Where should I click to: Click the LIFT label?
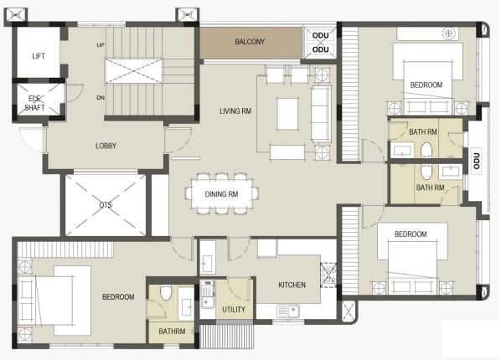(x=39, y=56)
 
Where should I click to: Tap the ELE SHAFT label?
(x=34, y=103)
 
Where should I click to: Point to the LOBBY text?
(x=106, y=146)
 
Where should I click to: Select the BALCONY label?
(x=250, y=42)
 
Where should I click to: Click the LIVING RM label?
(x=235, y=111)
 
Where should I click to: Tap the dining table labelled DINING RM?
(x=221, y=194)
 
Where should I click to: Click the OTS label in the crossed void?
(x=105, y=204)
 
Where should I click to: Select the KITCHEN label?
(x=292, y=285)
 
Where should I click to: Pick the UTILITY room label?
(x=234, y=309)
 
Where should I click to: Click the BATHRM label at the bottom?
(x=172, y=332)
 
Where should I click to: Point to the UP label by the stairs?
(x=101, y=45)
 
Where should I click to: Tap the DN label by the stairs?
(x=101, y=98)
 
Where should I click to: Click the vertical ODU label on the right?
(x=477, y=161)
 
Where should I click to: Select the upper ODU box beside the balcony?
(x=320, y=34)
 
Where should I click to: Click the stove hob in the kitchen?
(x=328, y=275)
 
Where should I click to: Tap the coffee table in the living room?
(x=288, y=114)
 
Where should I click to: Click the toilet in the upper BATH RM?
(x=426, y=150)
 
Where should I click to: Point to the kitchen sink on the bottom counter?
(x=288, y=311)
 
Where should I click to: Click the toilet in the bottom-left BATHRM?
(x=166, y=292)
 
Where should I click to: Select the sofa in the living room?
(x=321, y=114)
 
